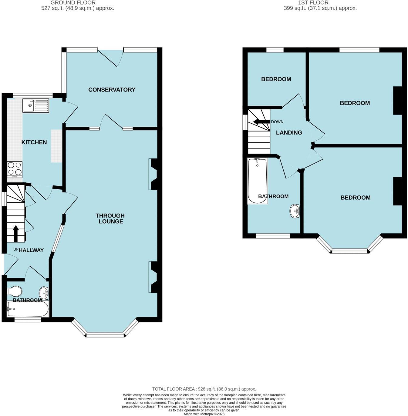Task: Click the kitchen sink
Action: pyautogui.click(x=35, y=105)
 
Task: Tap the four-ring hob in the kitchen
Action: pyautogui.click(x=15, y=169)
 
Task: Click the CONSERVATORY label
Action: pyautogui.click(x=112, y=89)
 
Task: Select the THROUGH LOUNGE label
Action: pyautogui.click(x=110, y=218)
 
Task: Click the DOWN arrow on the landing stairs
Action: pyautogui.click(x=261, y=122)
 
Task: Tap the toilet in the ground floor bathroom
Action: pyautogui.click(x=15, y=291)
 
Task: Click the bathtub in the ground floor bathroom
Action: pyautogui.click(x=28, y=309)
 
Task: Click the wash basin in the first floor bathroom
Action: pyautogui.click(x=295, y=211)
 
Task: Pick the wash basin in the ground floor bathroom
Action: pyautogui.click(x=44, y=293)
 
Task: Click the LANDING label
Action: pyautogui.click(x=289, y=132)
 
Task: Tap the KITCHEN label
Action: pyautogui.click(x=34, y=142)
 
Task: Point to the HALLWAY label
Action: pyautogui.click(x=31, y=250)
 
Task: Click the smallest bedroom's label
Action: pyautogui.click(x=276, y=79)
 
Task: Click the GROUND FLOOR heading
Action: pyautogui.click(x=73, y=2)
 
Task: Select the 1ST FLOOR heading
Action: pyautogui.click(x=313, y=2)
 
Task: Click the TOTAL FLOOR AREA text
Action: pyautogui.click(x=204, y=389)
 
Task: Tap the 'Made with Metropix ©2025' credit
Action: pyautogui.click(x=204, y=414)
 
